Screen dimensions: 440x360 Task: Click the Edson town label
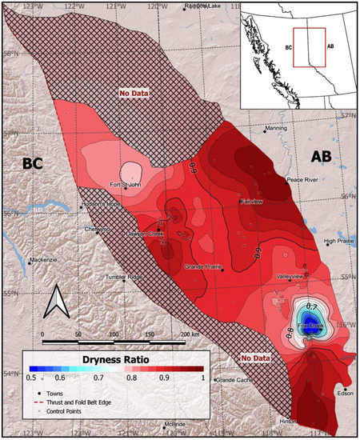[346, 393]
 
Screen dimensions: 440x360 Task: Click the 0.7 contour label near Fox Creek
[313, 307]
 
